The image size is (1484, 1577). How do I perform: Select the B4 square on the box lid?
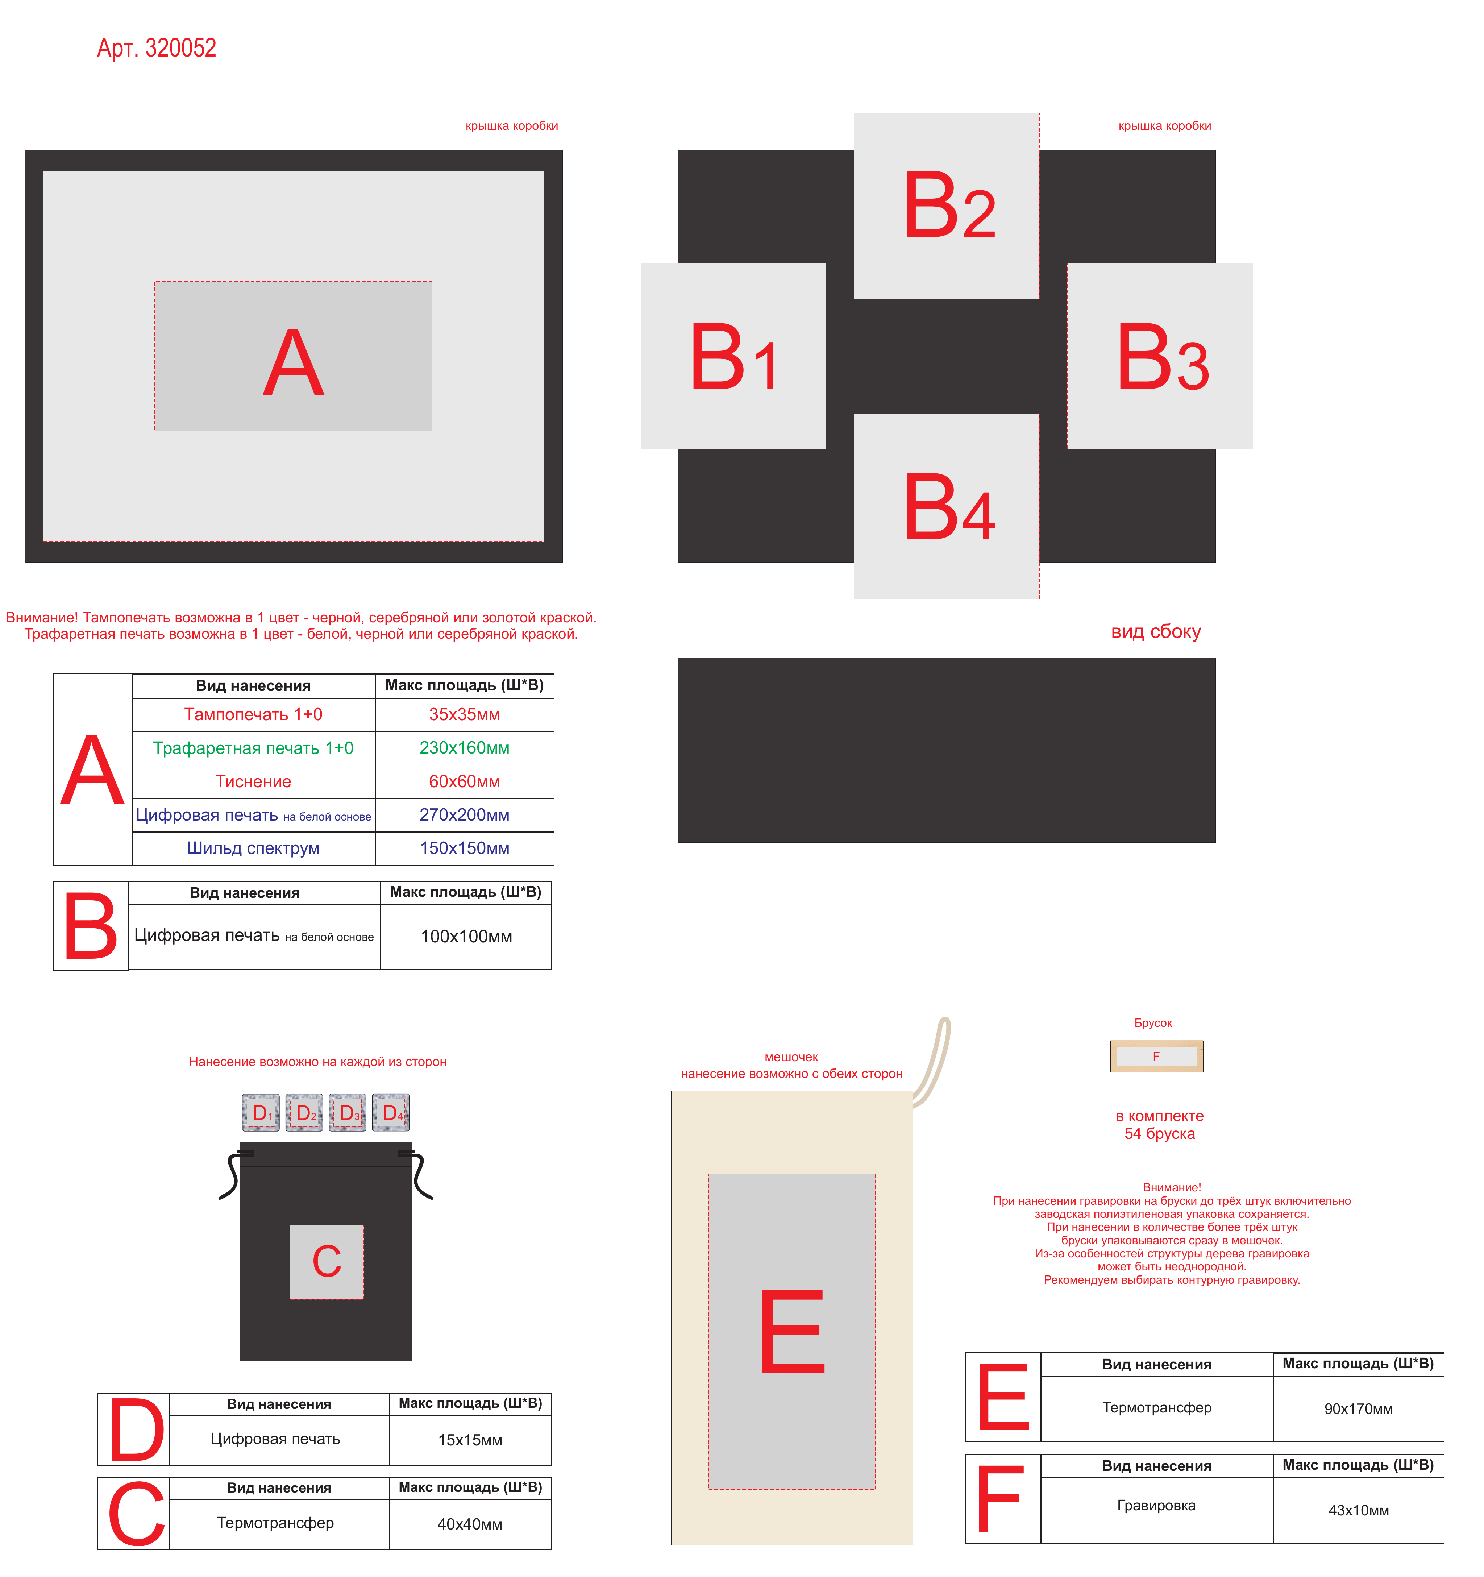pyautogui.click(x=946, y=506)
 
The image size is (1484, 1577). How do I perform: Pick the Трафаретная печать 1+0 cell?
pyautogui.click(x=253, y=748)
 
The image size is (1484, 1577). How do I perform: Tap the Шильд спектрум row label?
pyautogui.click(x=253, y=848)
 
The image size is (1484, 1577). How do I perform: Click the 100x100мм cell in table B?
pyautogui.click(x=466, y=937)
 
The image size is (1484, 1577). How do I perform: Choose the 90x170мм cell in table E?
pyautogui.click(x=1358, y=1409)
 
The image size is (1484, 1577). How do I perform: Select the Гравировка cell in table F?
pyautogui.click(x=1156, y=1506)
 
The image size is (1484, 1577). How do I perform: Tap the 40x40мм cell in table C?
pyautogui.click(x=470, y=1524)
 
